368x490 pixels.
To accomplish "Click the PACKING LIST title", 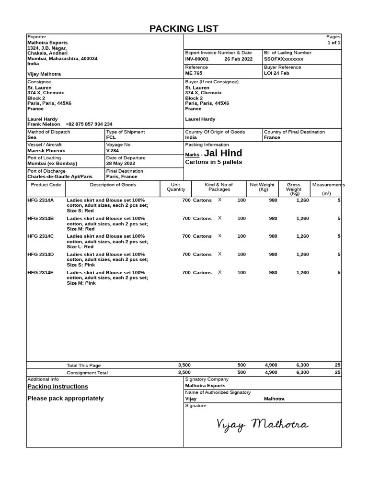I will (184, 28).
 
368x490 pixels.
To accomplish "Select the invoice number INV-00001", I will (197, 59).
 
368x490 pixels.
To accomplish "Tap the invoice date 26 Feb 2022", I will (238, 59).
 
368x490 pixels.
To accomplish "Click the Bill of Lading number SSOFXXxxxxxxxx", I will (284, 59).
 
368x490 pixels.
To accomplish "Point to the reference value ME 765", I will (194, 73).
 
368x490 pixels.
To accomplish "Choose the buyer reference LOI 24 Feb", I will (276, 73).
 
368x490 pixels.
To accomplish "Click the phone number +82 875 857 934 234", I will (89, 124).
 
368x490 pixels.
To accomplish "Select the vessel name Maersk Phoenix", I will (46, 150).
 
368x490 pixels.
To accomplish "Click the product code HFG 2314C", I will (41, 236).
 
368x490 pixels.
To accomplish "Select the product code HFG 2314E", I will (41, 273).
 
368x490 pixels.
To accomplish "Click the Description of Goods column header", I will (113, 185).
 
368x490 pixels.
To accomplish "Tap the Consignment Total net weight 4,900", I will (271, 372).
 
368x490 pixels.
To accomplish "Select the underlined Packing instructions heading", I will (57, 387).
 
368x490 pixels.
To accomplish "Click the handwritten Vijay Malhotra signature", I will (262, 424).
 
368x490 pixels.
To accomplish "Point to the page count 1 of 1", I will (333, 43).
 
